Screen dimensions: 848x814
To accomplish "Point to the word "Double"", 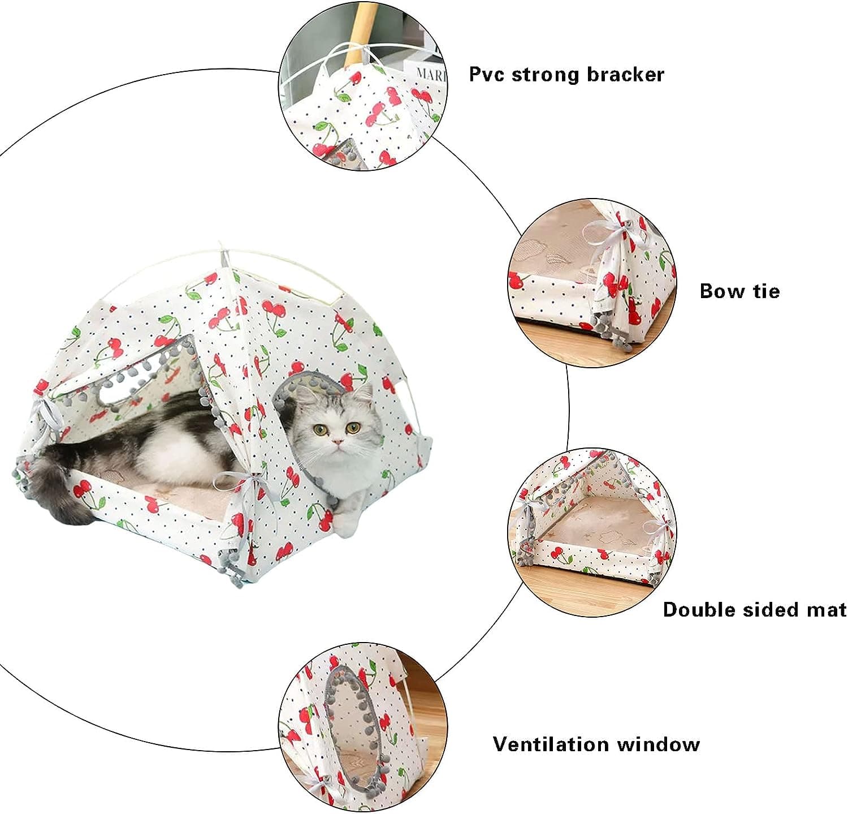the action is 699,609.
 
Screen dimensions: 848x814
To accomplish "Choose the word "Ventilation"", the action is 551,744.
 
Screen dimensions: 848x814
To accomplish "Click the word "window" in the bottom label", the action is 659,744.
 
